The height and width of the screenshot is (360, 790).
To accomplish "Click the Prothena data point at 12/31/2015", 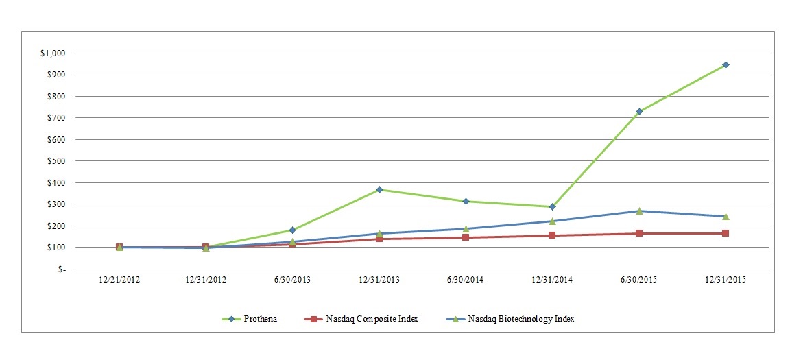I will click(726, 65).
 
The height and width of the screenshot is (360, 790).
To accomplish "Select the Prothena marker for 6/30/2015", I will click(639, 111).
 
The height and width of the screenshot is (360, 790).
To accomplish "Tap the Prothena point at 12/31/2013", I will click(379, 190).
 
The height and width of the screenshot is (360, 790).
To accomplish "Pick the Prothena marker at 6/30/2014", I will click(466, 202).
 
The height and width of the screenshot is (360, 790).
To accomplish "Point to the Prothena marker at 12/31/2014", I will click(552, 206).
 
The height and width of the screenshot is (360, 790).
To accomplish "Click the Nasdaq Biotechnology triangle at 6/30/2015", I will click(639, 211).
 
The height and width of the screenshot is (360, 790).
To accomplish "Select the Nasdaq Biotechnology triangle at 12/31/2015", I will click(726, 217).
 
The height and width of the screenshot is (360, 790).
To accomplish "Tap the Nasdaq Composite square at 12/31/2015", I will click(726, 233).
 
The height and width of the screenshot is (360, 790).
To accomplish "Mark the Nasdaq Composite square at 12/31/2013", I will click(379, 239).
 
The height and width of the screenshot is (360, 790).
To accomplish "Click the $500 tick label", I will click(56, 161).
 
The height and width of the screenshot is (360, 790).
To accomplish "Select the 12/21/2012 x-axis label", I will click(119, 280).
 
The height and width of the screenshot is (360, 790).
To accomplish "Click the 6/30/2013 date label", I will click(292, 280).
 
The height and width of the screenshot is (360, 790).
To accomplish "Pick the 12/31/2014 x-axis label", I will click(552, 280).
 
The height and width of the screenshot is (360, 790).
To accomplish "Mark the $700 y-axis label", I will click(56, 118).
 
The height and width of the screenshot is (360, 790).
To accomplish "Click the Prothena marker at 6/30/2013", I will click(292, 230).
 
